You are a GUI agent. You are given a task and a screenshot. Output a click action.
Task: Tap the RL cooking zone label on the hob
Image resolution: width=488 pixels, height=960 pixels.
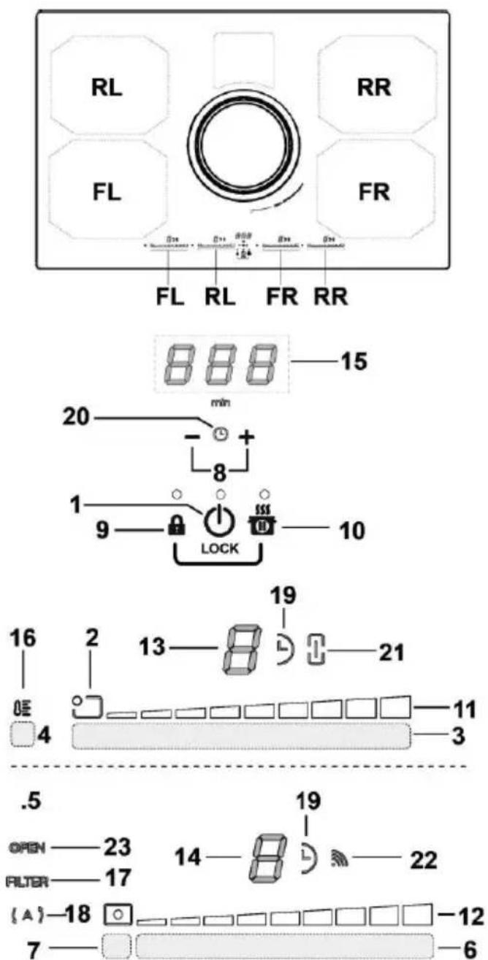(106, 88)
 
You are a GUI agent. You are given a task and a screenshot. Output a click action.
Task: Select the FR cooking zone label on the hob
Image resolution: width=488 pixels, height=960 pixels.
(378, 192)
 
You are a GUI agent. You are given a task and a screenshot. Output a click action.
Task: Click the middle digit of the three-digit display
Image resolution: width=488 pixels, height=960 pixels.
(217, 362)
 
